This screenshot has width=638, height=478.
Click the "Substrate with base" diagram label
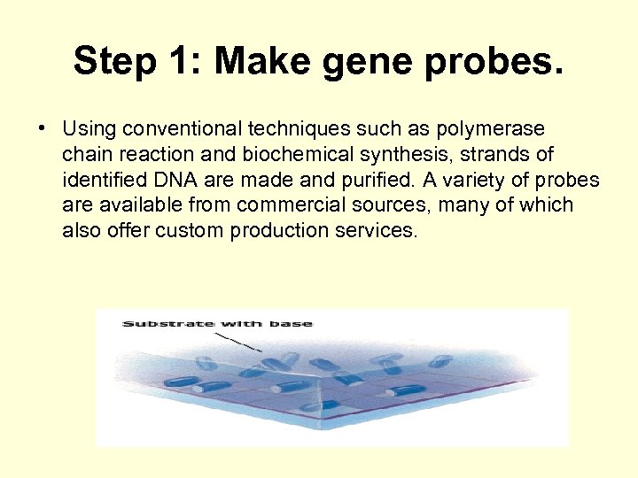pos(217,323)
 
